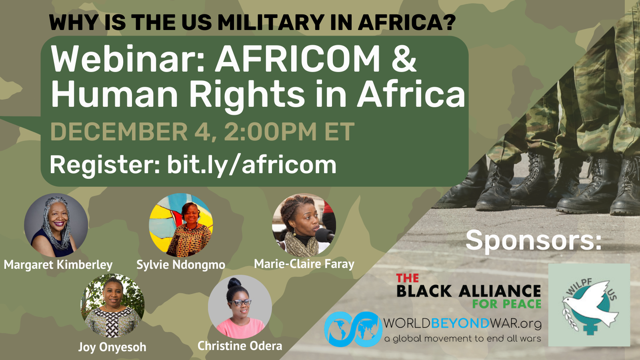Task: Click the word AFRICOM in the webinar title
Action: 298,59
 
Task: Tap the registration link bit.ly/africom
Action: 252,165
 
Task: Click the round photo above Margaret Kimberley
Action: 56,225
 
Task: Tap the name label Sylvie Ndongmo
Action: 181,265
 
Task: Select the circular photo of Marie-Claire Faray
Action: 304,225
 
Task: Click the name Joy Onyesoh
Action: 112,347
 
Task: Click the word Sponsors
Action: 534,240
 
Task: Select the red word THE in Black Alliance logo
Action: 407,278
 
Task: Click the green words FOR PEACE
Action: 506,304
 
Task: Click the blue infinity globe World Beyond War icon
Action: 353,329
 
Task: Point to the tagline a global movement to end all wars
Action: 462,339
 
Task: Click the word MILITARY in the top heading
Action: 271,23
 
